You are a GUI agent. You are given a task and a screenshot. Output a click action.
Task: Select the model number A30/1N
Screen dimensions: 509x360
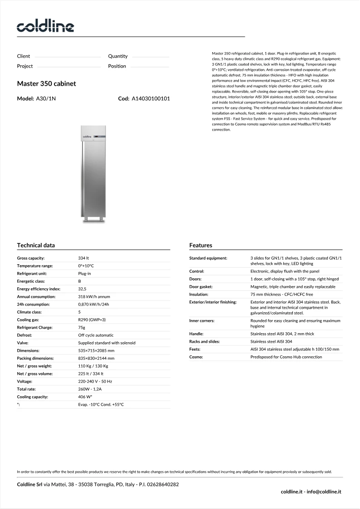pos(46,98)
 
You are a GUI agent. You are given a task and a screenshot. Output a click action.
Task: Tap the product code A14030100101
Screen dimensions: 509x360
pos(151,98)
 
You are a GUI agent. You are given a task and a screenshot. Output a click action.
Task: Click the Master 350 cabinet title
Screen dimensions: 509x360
pos(46,84)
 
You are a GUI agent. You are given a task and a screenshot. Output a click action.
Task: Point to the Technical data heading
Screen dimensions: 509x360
pos(36,245)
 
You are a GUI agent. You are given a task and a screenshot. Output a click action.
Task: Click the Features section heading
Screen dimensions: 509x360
pos(200,245)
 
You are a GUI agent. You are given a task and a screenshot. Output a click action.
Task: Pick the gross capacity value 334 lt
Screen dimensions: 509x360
pos(83,258)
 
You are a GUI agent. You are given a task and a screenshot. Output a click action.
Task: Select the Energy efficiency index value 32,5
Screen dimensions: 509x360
pos(83,289)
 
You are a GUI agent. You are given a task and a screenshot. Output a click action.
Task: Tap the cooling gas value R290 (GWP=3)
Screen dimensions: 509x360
pos(92,320)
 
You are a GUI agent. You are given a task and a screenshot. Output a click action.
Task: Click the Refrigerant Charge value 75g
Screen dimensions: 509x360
pos(82,327)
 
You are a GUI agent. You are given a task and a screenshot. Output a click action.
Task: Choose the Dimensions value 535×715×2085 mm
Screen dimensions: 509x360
pos(96,350)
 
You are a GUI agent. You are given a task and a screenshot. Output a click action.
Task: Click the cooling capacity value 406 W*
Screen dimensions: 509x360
pos(85,397)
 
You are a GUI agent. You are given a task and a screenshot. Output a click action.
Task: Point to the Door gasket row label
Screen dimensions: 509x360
pos(201,286)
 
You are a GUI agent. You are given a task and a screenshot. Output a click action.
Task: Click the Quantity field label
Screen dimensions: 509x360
pos(118,56)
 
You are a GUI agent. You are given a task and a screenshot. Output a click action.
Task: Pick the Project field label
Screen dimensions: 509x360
pos(25,66)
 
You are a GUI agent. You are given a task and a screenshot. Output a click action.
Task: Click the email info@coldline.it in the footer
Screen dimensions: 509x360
pos(324,491)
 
